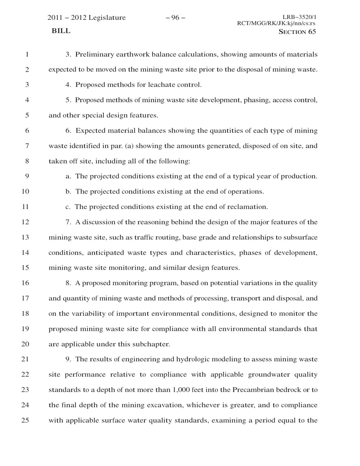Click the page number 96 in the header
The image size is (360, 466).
click(x=175, y=18)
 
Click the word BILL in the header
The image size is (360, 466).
click(x=61, y=31)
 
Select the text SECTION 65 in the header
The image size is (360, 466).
click(x=297, y=32)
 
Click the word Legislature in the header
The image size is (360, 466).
click(x=107, y=18)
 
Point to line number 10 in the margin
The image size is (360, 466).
click(x=25, y=192)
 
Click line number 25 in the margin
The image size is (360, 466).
click(x=25, y=420)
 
